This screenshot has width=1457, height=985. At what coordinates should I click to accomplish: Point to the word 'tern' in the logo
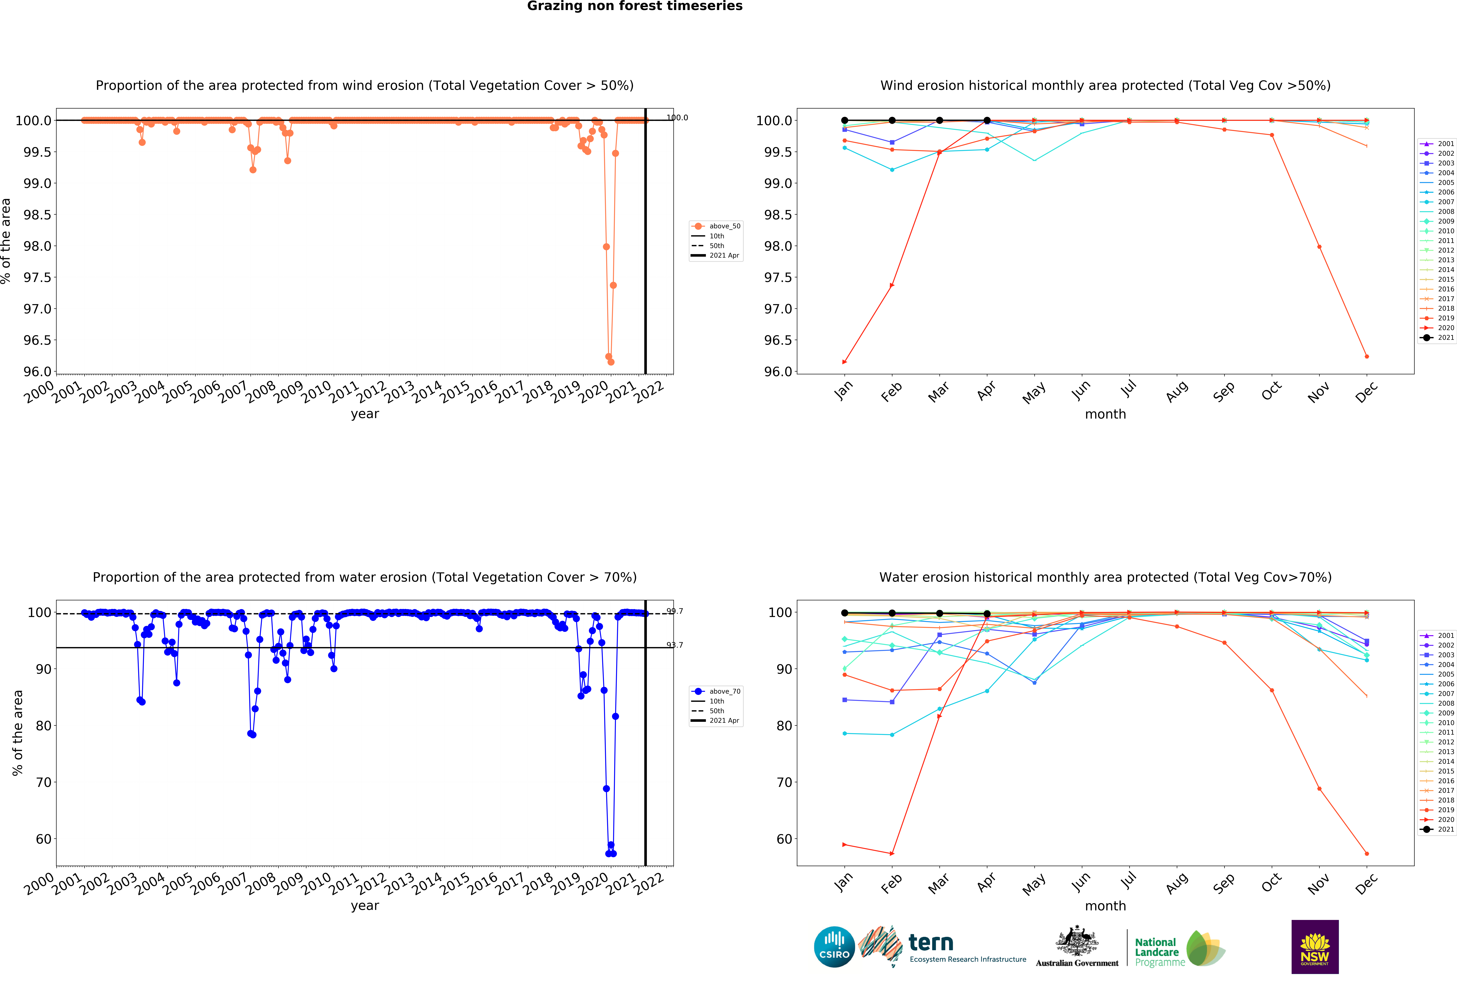coord(931,942)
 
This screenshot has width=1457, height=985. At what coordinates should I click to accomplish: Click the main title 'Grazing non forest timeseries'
coord(634,6)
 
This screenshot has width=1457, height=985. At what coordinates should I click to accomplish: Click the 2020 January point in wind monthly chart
coord(844,362)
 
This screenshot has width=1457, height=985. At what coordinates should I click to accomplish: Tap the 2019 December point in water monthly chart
coord(1367,853)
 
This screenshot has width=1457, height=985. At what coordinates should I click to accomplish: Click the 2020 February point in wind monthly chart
coord(892,285)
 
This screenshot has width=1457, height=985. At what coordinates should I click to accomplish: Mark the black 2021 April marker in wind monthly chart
coord(987,120)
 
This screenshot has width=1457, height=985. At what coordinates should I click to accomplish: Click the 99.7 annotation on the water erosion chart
coord(675,611)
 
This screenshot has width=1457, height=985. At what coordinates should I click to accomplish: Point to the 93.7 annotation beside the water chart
coord(675,645)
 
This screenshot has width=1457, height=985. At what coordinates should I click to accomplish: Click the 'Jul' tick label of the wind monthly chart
coord(1128,389)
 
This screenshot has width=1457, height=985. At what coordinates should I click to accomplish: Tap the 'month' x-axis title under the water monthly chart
coord(1105,906)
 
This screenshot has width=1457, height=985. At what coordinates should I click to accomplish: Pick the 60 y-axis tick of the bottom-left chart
coord(43,839)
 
